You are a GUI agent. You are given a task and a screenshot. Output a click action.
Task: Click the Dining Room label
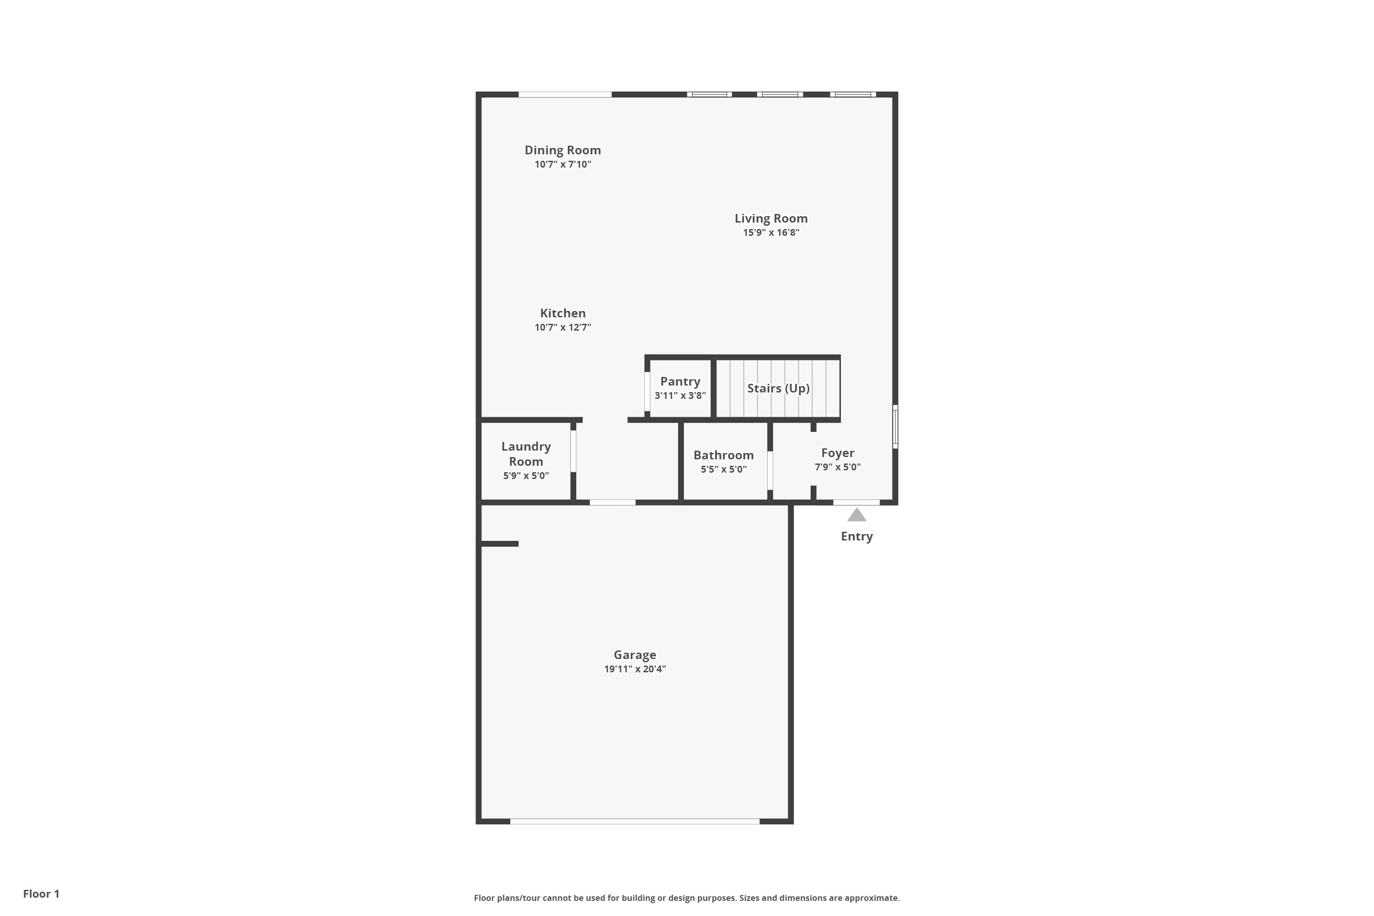[562, 150]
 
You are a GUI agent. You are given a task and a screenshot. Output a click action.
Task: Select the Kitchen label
[562, 313]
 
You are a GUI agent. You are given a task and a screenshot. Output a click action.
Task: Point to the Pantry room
[680, 388]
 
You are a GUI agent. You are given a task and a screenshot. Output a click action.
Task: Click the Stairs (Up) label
[778, 388]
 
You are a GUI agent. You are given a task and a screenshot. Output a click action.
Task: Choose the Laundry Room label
[526, 454]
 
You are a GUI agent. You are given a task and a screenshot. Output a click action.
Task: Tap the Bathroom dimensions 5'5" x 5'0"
[723, 469]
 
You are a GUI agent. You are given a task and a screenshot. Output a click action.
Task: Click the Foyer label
[837, 453]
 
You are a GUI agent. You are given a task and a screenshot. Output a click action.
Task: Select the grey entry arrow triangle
[856, 515]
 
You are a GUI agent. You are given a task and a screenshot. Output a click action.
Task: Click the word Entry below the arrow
[856, 536]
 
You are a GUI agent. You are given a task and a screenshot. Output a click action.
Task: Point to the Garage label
[634, 655]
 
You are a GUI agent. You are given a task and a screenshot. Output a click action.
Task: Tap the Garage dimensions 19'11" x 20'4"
[634, 669]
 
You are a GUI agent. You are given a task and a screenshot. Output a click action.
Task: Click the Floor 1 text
[41, 894]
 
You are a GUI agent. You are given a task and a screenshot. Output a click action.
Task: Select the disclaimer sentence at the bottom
[687, 898]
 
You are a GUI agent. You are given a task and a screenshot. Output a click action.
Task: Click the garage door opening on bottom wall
[634, 821]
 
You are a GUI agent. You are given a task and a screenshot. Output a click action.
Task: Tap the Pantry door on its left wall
[647, 392]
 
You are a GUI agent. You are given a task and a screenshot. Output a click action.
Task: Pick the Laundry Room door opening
[573, 451]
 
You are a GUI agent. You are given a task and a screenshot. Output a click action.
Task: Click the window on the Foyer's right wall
[895, 427]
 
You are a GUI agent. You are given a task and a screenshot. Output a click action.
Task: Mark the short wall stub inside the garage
[500, 544]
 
